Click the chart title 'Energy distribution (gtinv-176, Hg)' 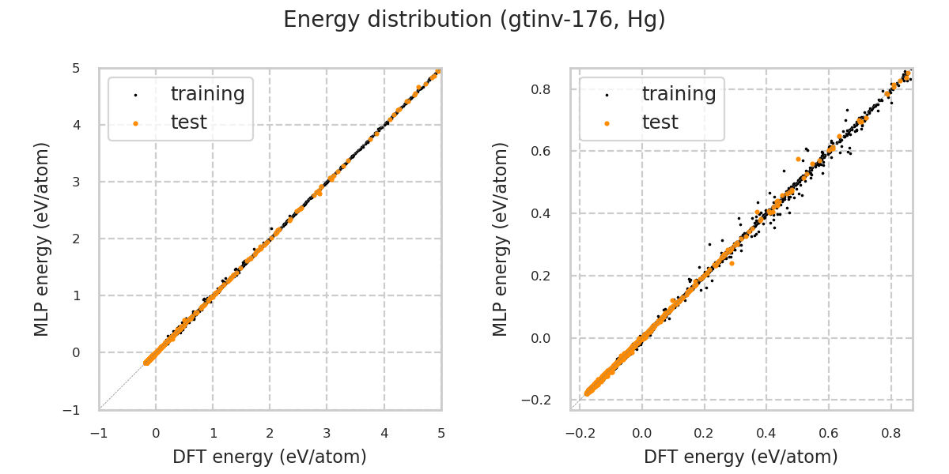(475, 20)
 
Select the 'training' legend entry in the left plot (207, 94)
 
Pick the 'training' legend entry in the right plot (679, 94)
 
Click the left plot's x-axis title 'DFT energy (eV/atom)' (270, 457)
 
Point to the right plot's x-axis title (741, 457)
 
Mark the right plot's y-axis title (501, 239)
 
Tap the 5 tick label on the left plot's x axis (441, 433)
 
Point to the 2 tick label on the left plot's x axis (270, 433)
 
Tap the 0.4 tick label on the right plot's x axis (766, 433)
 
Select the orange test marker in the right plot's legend (607, 123)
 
